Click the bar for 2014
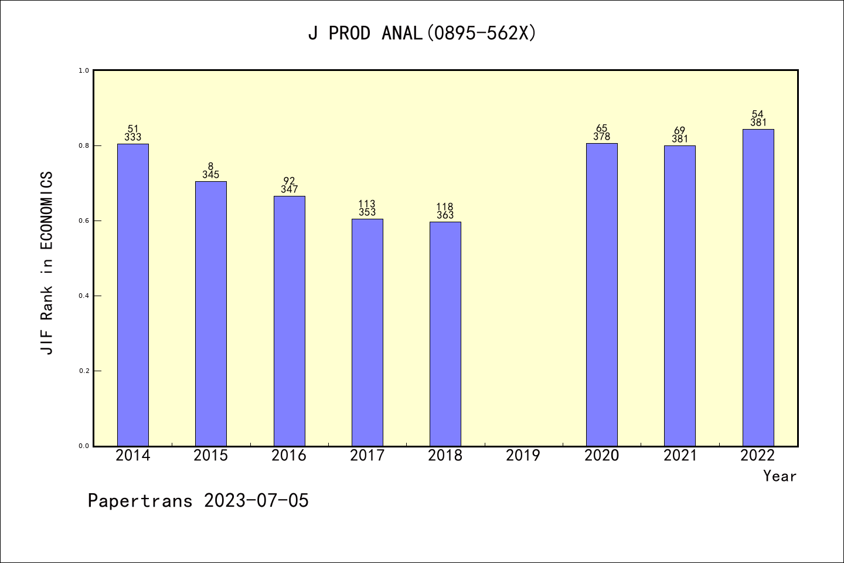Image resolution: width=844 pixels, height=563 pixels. pyautogui.click(x=133, y=294)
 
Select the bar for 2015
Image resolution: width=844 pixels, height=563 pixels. pyautogui.click(x=211, y=313)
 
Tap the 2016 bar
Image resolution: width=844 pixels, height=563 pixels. pyautogui.click(x=289, y=321)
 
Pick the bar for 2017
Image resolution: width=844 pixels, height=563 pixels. pyautogui.click(x=367, y=332)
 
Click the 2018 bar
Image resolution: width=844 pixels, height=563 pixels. pyautogui.click(x=445, y=334)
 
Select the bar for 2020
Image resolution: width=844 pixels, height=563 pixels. pyautogui.click(x=602, y=294)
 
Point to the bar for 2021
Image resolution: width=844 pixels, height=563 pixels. pyautogui.click(x=680, y=296)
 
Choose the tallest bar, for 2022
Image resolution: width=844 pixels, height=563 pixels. pyautogui.click(x=758, y=287)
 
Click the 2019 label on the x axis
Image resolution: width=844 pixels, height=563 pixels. pyautogui.click(x=523, y=456)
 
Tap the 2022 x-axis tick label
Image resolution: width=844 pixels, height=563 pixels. pyautogui.click(x=758, y=456)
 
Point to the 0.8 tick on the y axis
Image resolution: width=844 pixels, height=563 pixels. pyautogui.click(x=84, y=145)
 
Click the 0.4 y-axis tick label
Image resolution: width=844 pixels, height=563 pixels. pyautogui.click(x=84, y=296)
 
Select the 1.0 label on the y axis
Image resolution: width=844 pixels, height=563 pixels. pyautogui.click(x=84, y=70)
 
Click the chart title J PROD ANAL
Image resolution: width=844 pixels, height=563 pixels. pyautogui.click(x=422, y=33)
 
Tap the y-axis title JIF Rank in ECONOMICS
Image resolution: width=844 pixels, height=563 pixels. pyautogui.click(x=47, y=263)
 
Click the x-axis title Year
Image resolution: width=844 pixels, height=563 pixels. pyautogui.click(x=780, y=476)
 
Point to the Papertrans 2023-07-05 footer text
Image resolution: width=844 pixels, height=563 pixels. pyautogui.click(x=198, y=501)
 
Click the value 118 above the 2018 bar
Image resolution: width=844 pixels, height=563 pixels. pyautogui.click(x=445, y=207)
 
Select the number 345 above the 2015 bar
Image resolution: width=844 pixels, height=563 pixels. pyautogui.click(x=211, y=175)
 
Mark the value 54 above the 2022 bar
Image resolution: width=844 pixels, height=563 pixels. pyautogui.click(x=758, y=114)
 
